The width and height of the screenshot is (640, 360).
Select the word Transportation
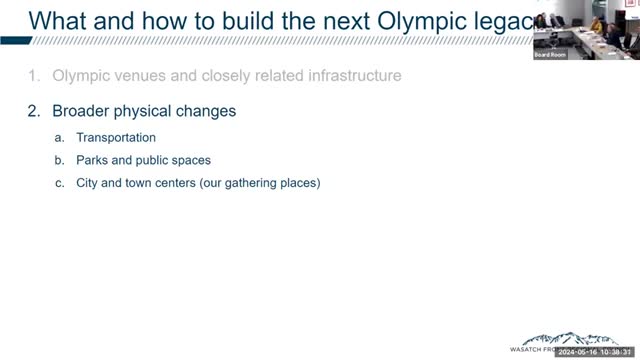pos(116,137)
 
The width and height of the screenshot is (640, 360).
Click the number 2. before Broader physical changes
pos(34,111)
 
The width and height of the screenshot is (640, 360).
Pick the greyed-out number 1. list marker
pos(34,75)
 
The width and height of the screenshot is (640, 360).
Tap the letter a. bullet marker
pos(60,137)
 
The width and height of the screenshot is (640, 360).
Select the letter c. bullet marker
pos(60,183)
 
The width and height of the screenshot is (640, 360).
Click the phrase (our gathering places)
pos(254,183)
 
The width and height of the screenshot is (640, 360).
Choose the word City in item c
pos(90,183)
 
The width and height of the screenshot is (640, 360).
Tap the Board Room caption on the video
pos(551,54)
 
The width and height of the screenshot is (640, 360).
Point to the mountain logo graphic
pos(551,341)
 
